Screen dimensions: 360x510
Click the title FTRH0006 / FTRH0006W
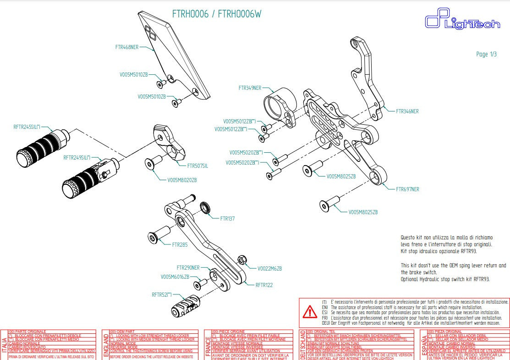(x=217, y=14)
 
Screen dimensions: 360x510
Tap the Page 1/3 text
(x=486, y=54)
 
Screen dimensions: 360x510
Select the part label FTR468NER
(x=127, y=47)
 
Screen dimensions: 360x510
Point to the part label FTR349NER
(x=250, y=88)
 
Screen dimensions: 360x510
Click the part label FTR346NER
(x=407, y=111)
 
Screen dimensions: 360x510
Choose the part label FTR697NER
(x=407, y=189)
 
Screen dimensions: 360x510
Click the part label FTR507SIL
(x=197, y=166)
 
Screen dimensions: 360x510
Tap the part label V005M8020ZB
(x=182, y=180)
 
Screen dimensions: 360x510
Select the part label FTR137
(x=227, y=219)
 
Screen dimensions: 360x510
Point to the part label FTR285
(x=180, y=245)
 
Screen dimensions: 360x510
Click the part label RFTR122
(x=264, y=285)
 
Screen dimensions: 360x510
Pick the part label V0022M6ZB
(x=269, y=268)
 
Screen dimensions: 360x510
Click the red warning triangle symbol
(x=310, y=312)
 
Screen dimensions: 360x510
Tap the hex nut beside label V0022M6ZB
(x=243, y=260)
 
